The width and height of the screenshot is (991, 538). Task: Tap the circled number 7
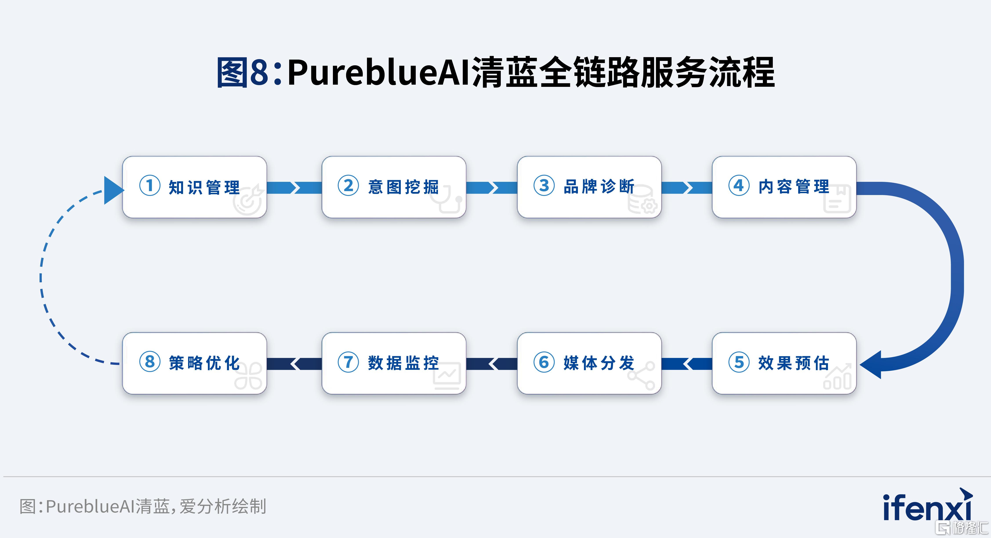348,362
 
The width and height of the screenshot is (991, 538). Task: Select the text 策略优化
204,363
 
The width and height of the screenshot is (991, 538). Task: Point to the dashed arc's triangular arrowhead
113,190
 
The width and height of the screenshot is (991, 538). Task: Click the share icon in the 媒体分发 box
641,376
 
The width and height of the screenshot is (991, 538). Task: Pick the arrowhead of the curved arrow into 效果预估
870,365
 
